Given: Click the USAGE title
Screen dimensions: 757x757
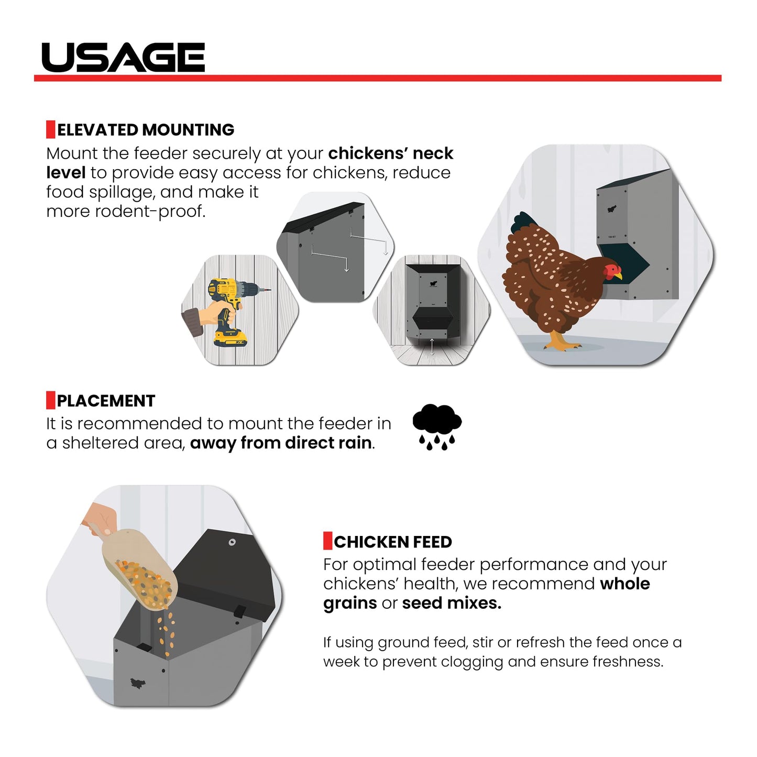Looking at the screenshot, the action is tap(123, 57).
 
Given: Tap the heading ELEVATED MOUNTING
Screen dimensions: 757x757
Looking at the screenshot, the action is tap(146, 130).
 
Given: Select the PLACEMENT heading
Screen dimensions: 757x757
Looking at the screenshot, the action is tap(106, 401).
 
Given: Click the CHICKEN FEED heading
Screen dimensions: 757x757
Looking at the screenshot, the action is tap(393, 542).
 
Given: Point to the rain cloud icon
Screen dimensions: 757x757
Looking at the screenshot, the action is tap(437, 427).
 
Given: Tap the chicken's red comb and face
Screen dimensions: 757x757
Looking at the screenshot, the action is tap(611, 271).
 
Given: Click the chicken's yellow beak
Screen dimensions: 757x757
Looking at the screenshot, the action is tap(619, 276).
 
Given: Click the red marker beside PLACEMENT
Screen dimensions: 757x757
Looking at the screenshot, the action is tap(51, 400).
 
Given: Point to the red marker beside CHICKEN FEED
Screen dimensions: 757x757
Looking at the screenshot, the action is tap(327, 541).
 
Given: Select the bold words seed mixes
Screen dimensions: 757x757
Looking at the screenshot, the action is tap(452, 603).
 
